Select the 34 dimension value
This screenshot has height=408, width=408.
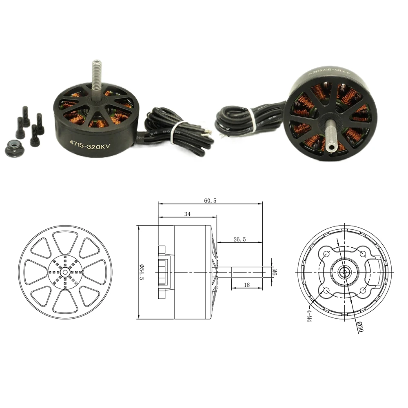pyautogui.click(x=187, y=213)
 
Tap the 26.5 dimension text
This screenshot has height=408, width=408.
pyautogui.click(x=239, y=239)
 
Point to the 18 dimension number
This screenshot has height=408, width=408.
pyautogui.click(x=246, y=286)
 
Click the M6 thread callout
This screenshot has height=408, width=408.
pyautogui.click(x=275, y=272)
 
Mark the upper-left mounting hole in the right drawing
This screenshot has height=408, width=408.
pyautogui.click(x=326, y=254)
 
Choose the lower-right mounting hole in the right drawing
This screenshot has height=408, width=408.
pyautogui.click(x=363, y=290)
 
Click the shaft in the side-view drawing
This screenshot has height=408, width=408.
pyautogui.click(x=245, y=272)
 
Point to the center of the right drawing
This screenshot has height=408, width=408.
pyautogui.click(x=345, y=272)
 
